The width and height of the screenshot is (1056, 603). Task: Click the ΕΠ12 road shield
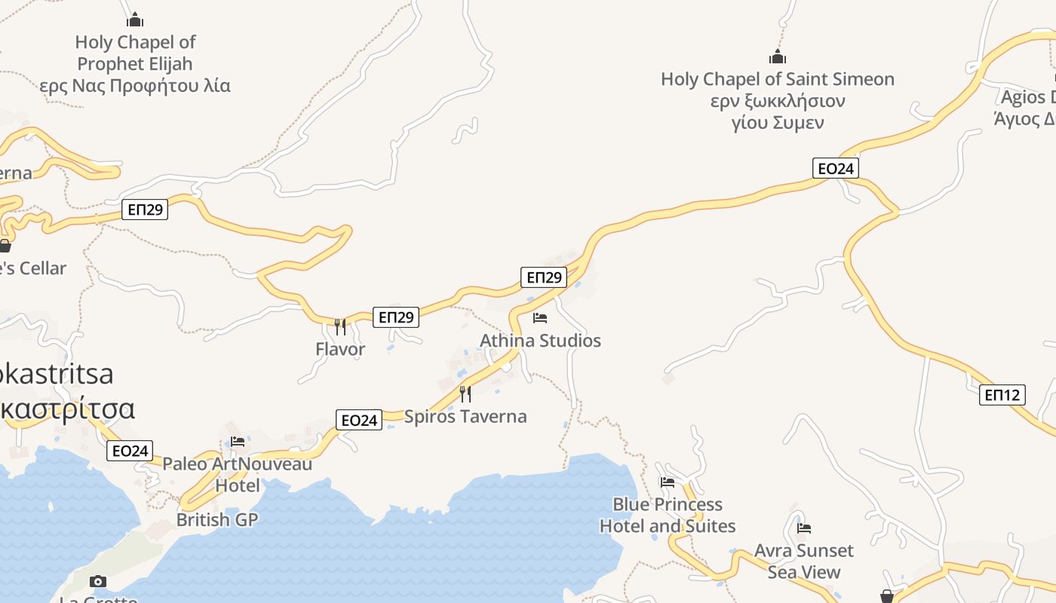pos(1002,394)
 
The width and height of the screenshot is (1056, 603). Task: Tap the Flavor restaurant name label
pos(340,349)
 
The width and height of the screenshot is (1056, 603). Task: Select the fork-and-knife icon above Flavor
pos(340,326)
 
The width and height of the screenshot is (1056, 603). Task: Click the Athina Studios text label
pos(540,341)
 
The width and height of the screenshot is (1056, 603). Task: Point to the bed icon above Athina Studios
pos(540,318)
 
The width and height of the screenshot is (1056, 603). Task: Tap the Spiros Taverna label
pos(465,416)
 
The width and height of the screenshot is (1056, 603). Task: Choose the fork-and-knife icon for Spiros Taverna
pos(465,393)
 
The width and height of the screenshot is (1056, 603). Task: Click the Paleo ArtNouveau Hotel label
pos(238,474)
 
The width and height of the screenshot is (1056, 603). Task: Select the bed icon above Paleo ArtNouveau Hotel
pos(238,442)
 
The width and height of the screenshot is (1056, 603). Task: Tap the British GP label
pos(217,519)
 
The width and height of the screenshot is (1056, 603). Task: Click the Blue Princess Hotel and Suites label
pos(668,515)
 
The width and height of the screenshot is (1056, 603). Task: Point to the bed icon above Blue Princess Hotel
pos(668,482)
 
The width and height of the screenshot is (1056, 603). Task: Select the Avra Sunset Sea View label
pos(804,561)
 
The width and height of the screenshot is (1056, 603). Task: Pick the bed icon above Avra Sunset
pos(804,528)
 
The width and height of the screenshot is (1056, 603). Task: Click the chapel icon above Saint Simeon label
pos(778,57)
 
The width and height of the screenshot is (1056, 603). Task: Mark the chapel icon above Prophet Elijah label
pos(135,20)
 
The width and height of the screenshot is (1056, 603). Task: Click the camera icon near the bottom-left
pos(98,581)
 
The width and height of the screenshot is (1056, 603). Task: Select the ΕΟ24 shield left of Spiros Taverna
pos(359,420)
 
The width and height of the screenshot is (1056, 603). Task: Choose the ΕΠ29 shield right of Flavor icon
pos(396,317)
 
